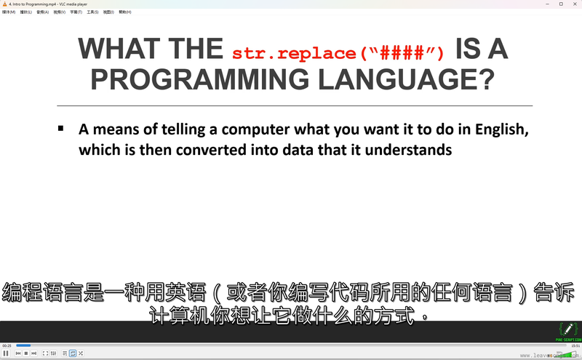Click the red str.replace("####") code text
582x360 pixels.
point(338,54)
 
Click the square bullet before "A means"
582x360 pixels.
point(61,128)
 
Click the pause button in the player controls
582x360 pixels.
point(6,353)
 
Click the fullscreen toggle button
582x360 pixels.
point(45,353)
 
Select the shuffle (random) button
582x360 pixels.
point(81,353)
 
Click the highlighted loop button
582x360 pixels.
point(73,353)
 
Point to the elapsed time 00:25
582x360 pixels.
point(7,345)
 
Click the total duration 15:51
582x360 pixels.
point(575,345)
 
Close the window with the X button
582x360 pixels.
point(575,4)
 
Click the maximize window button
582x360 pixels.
point(561,4)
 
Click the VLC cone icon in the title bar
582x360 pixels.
point(4,4)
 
